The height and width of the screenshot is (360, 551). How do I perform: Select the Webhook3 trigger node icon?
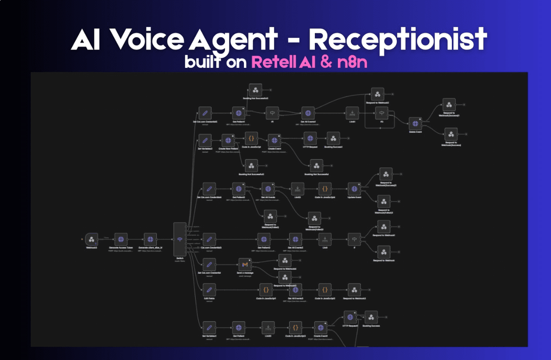click(91, 240)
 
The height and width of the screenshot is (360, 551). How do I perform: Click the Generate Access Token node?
click(120, 240)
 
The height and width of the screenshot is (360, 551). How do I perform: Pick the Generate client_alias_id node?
click(150, 240)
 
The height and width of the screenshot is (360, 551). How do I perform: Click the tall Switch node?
click(180, 239)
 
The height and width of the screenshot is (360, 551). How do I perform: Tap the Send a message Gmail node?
click(245, 265)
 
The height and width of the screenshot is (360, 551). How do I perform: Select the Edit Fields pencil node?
click(209, 290)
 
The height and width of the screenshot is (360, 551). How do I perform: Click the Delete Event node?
click(415, 124)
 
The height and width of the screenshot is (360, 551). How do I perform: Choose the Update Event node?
click(354, 189)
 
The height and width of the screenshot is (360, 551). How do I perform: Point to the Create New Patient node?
click(228, 140)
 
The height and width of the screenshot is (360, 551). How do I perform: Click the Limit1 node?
click(352, 113)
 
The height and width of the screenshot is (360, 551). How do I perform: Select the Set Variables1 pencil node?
click(209, 328)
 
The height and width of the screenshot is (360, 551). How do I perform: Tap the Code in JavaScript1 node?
click(266, 290)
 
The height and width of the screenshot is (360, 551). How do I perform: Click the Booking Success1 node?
click(333, 138)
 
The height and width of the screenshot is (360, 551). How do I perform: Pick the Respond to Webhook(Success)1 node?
click(449, 105)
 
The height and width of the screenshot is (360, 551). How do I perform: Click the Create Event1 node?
click(320, 328)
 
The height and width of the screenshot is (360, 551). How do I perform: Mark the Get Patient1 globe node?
click(238, 113)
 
